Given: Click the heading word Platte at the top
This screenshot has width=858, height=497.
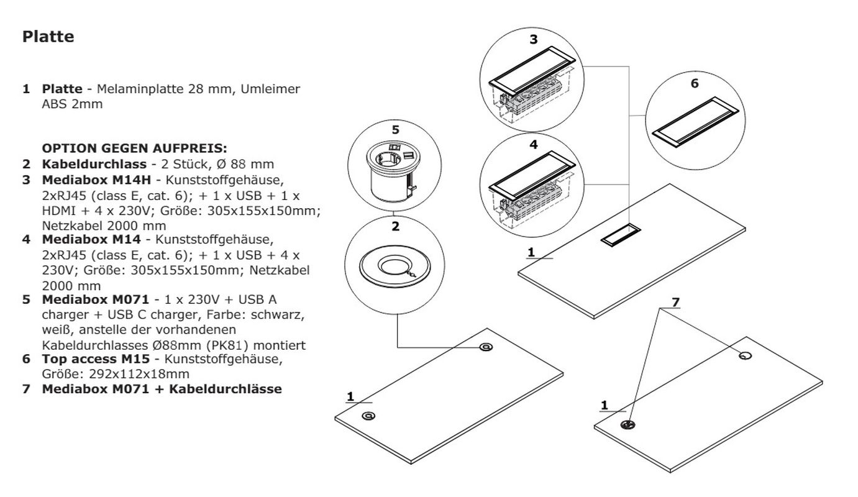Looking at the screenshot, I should pos(48,37).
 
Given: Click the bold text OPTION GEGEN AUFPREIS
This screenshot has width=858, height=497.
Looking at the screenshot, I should pos(134,149).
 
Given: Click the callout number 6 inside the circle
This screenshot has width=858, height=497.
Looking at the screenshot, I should pos(695,83).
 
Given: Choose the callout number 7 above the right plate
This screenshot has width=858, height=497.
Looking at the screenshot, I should pos(675,303).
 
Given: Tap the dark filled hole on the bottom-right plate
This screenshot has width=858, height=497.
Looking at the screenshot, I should pos(628,425).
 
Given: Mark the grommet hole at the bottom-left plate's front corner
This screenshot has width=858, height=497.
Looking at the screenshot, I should pos(368,416).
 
